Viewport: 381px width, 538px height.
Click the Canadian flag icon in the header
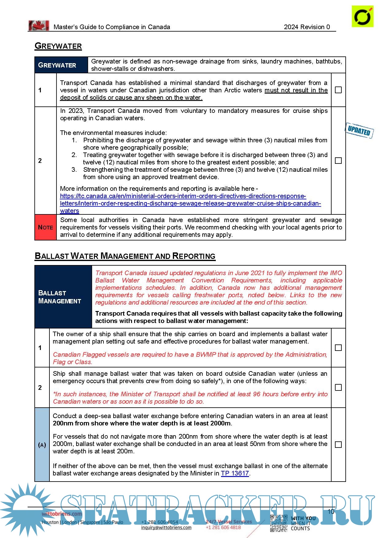39,26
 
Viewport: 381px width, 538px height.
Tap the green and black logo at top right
363,16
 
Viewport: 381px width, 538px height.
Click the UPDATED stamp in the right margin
359,131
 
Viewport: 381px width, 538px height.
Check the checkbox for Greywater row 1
338,90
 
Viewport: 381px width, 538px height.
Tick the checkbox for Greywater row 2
338,160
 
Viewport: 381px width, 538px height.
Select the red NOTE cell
45,227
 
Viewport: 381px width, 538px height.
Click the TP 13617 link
235,473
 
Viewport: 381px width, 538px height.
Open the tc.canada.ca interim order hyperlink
190,203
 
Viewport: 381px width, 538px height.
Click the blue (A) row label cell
42,445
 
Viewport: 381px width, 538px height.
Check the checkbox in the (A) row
338,444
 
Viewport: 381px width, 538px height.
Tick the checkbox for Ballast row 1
338,348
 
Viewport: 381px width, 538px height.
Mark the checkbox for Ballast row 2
338,387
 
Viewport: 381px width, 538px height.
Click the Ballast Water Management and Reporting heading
125,256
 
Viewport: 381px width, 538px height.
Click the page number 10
331,511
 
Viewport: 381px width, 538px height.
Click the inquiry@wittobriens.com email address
166,528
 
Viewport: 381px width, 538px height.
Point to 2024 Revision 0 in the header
307,27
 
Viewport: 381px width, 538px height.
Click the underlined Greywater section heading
58,46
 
